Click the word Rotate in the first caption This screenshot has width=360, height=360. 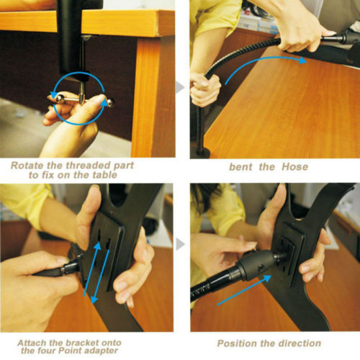[x=30, y=165]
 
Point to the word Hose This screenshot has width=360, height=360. [x=294, y=166]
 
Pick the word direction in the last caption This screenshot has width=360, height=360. [x=302, y=344]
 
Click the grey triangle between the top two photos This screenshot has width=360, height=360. [x=181, y=88]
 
